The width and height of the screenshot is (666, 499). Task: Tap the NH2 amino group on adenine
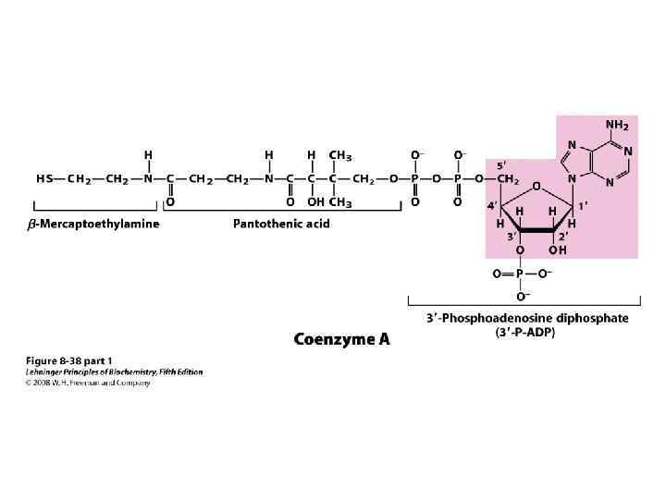617,125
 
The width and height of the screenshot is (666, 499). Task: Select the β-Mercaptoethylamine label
92,224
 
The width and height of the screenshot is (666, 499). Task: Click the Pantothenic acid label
280,224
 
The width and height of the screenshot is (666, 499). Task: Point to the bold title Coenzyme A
341,339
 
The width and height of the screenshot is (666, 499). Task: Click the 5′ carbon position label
500,164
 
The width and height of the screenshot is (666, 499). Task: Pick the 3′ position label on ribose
509,237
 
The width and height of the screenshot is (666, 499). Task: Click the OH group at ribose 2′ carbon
558,250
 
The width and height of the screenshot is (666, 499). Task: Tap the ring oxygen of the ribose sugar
536,187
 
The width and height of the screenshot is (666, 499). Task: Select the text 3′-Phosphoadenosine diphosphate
527,319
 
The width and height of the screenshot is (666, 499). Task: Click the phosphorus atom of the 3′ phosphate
519,274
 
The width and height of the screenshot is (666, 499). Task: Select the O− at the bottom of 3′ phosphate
521,297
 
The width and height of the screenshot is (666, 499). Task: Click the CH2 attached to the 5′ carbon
507,179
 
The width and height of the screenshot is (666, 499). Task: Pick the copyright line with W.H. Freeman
87,383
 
